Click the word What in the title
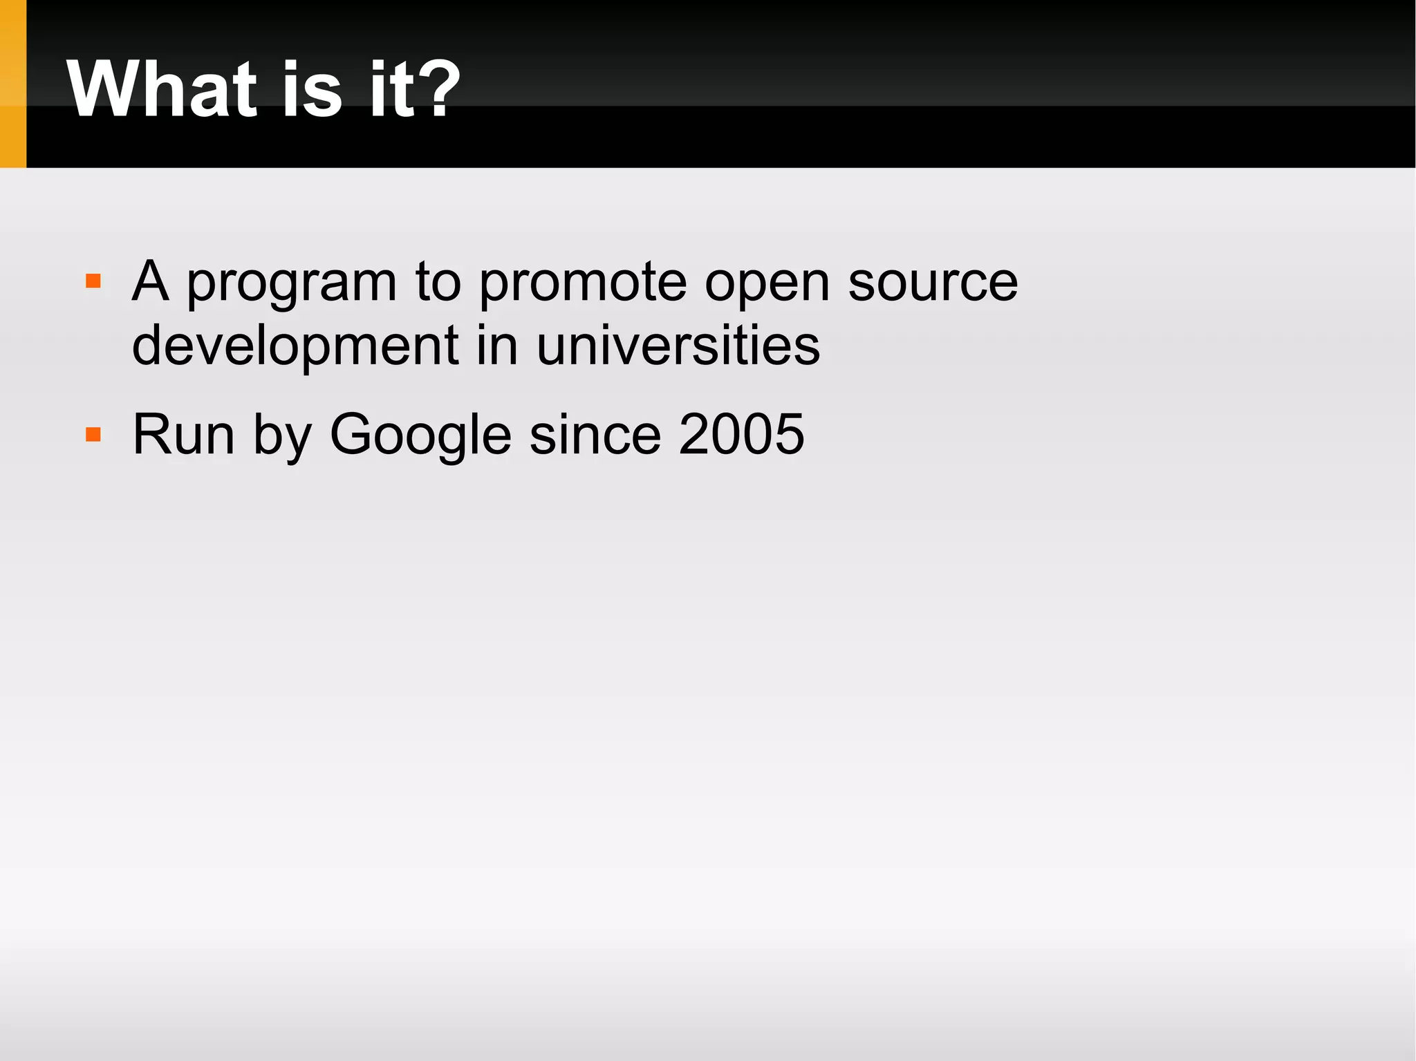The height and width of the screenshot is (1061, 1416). coord(163,90)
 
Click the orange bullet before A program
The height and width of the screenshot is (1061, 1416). coord(93,281)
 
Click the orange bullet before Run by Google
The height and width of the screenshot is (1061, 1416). coord(93,434)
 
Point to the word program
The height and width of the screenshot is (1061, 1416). coord(291,283)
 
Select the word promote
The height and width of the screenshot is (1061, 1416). coord(582,283)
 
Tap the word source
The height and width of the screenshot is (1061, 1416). coord(933,283)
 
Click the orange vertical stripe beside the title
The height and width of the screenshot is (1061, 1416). coord(12,83)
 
